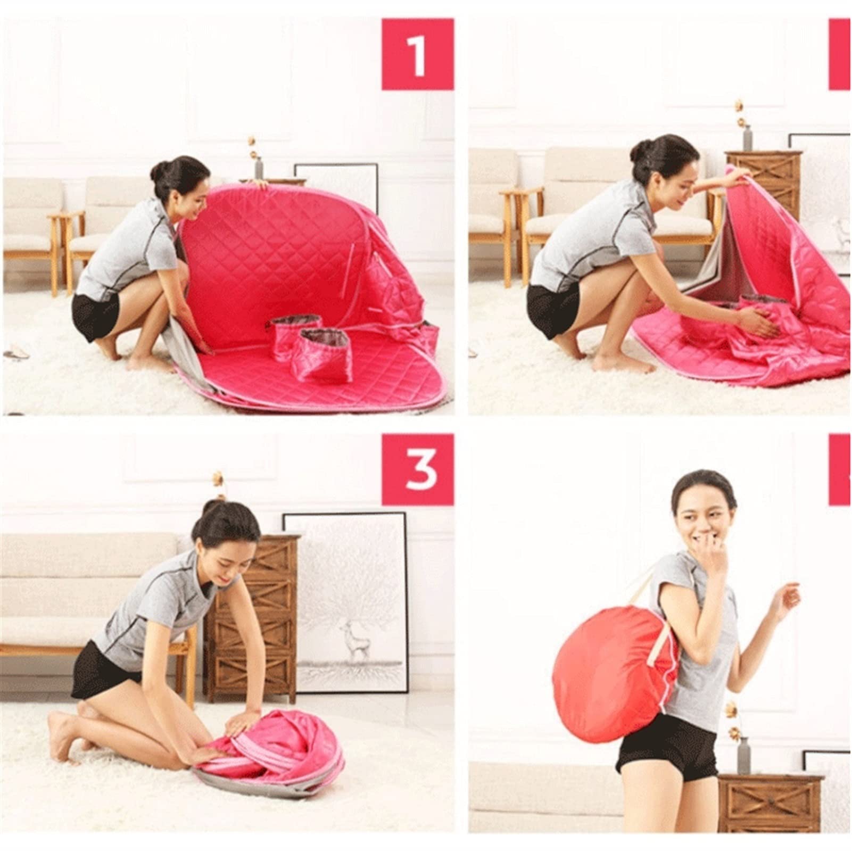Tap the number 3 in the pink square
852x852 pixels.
click(419, 470)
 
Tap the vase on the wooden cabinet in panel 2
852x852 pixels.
click(748, 137)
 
